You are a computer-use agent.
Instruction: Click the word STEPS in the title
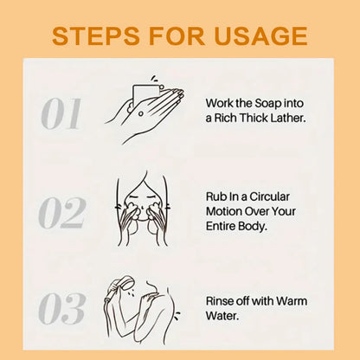[96, 35]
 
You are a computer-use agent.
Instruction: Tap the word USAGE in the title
[260, 35]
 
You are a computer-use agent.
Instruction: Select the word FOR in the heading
[177, 35]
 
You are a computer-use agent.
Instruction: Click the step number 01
[61, 113]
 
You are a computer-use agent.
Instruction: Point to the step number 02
[62, 213]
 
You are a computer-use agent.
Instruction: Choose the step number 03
[62, 309]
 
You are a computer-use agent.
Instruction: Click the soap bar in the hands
[145, 94]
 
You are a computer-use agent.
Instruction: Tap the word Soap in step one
[264, 103]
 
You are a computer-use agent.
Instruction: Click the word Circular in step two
[269, 196]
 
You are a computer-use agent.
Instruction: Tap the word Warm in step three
[292, 301]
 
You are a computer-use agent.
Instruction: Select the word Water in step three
[222, 316]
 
